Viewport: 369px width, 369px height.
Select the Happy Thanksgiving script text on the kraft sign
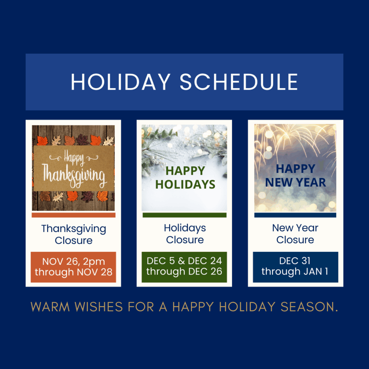coord(73,168)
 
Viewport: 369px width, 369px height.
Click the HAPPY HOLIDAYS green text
coord(185,177)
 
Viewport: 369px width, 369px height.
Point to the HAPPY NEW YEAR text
coord(296,175)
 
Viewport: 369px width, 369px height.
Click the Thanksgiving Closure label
coord(73,234)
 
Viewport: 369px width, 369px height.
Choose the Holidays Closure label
coord(185,234)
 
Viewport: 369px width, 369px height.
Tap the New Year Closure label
coord(295,234)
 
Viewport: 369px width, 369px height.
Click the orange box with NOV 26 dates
coord(73,267)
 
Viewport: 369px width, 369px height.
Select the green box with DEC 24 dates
coord(184,267)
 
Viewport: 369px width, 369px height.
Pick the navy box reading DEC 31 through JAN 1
coord(295,267)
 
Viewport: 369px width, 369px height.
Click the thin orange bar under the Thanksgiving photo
coord(73,215)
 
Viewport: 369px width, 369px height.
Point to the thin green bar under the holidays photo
coord(184,215)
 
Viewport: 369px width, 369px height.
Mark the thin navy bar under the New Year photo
coord(295,215)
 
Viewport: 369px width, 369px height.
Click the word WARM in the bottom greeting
coord(50,307)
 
